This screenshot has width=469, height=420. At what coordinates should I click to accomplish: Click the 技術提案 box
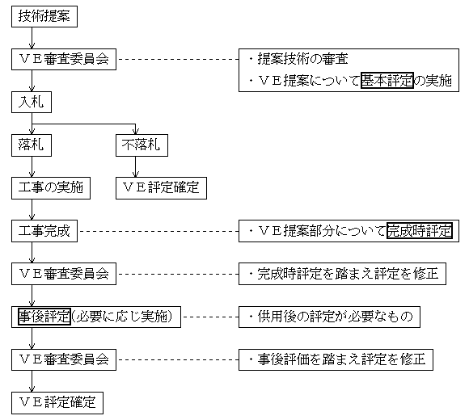(44, 16)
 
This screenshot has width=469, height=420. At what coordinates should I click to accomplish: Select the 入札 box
(32, 102)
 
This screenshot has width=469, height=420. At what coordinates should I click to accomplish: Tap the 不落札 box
(142, 145)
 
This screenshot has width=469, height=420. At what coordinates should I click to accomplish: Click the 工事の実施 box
(51, 188)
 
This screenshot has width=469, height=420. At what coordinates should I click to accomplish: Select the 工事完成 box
(44, 231)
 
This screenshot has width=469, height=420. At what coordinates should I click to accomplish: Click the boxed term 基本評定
(387, 80)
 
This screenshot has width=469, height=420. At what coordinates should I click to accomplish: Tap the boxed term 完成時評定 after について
(420, 231)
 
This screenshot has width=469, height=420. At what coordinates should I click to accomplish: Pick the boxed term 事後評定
(44, 317)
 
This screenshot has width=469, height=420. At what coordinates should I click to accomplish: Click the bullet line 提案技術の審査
(298, 59)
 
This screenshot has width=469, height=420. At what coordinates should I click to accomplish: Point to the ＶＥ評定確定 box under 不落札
(161, 188)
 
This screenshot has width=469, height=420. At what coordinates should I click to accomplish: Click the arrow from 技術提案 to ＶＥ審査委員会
(32, 38)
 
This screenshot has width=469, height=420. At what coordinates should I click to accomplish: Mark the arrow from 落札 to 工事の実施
(32, 166)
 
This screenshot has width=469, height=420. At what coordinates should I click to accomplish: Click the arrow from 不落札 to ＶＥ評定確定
(136, 166)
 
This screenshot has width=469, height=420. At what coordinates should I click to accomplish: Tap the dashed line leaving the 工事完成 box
(159, 231)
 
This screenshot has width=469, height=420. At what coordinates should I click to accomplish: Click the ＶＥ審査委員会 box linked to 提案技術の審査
(64, 59)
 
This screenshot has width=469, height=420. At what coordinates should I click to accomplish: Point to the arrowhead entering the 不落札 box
(136, 132)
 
